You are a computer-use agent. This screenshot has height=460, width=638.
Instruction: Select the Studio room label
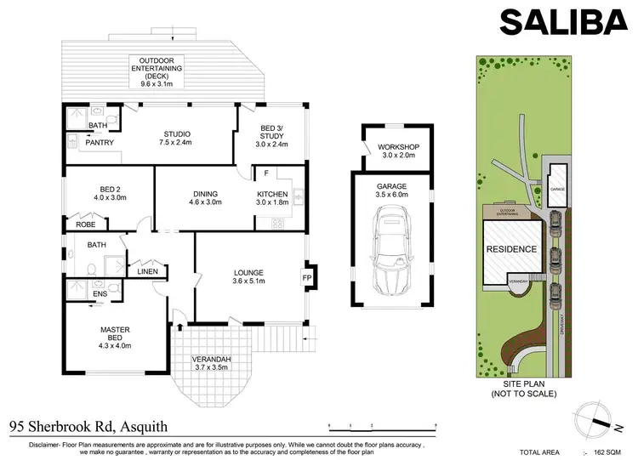click(x=177, y=139)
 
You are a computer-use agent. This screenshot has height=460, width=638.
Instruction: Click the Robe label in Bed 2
click(x=86, y=225)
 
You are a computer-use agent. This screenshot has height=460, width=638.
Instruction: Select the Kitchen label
click(x=272, y=198)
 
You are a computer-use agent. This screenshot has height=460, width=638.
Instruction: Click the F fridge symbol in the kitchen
click(x=266, y=173)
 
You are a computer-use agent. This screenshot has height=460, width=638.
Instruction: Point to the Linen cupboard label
click(x=147, y=271)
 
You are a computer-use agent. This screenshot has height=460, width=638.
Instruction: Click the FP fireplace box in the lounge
click(x=306, y=277)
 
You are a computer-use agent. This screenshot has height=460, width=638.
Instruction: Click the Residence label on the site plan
click(x=511, y=249)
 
